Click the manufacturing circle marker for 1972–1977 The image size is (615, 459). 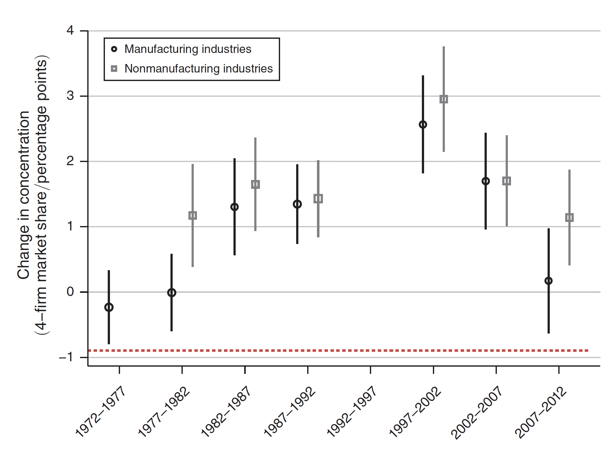tap(109, 307)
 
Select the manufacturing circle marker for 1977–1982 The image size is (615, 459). tap(171, 293)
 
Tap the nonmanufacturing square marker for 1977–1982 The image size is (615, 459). tap(193, 216)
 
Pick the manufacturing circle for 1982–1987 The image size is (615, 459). tap(234, 207)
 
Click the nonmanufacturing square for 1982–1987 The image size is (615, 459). tap(255, 184)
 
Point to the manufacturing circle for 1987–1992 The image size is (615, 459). tap(297, 204)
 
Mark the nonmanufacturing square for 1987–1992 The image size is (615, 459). tap(318, 199)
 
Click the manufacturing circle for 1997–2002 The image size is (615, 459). tap(423, 125)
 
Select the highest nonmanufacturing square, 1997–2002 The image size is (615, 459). tap(444, 99)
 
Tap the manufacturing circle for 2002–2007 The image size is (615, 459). tap(486, 181)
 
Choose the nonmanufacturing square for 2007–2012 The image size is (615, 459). tap(569, 218)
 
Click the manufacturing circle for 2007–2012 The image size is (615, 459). tap(549, 281)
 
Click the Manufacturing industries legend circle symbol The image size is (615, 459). tap(114, 49)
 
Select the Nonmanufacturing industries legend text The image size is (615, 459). tap(198, 69)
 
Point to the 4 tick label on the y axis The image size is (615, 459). tap(70, 31)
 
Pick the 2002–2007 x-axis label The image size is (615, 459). tap(477, 412)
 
